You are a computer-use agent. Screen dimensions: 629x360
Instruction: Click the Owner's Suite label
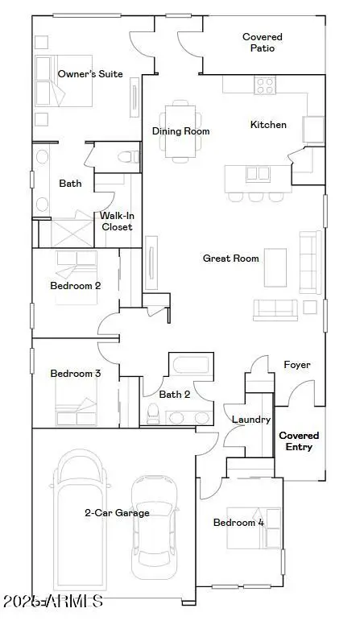90,74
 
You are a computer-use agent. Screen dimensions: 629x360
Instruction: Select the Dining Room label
181,131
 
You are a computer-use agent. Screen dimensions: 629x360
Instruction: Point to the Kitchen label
268,125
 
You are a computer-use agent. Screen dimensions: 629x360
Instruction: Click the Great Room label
230,259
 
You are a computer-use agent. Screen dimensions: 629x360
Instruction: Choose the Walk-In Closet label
117,221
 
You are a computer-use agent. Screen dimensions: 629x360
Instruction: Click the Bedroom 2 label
75,285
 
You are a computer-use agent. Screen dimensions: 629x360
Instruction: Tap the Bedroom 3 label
75,374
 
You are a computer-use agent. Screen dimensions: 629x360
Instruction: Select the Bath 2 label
174,395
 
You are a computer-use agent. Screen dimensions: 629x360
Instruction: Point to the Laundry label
250,420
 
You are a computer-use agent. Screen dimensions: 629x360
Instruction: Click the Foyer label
297,365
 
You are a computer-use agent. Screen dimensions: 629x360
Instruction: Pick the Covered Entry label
299,441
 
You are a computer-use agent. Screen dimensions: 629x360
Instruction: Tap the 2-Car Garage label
118,512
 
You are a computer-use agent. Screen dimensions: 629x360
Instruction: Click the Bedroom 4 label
238,523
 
